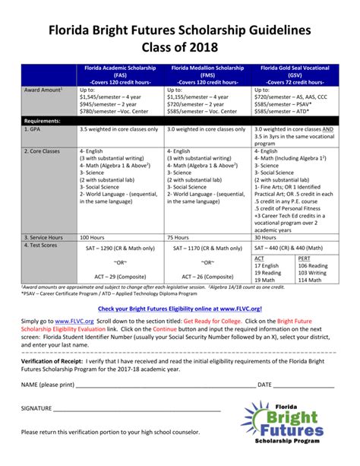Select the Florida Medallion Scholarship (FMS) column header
coord(207,75)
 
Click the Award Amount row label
coord(43,90)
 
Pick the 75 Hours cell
coord(178,237)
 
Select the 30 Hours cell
coord(267,237)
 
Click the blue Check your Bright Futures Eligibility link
coord(179,309)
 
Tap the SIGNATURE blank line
coord(137,408)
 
